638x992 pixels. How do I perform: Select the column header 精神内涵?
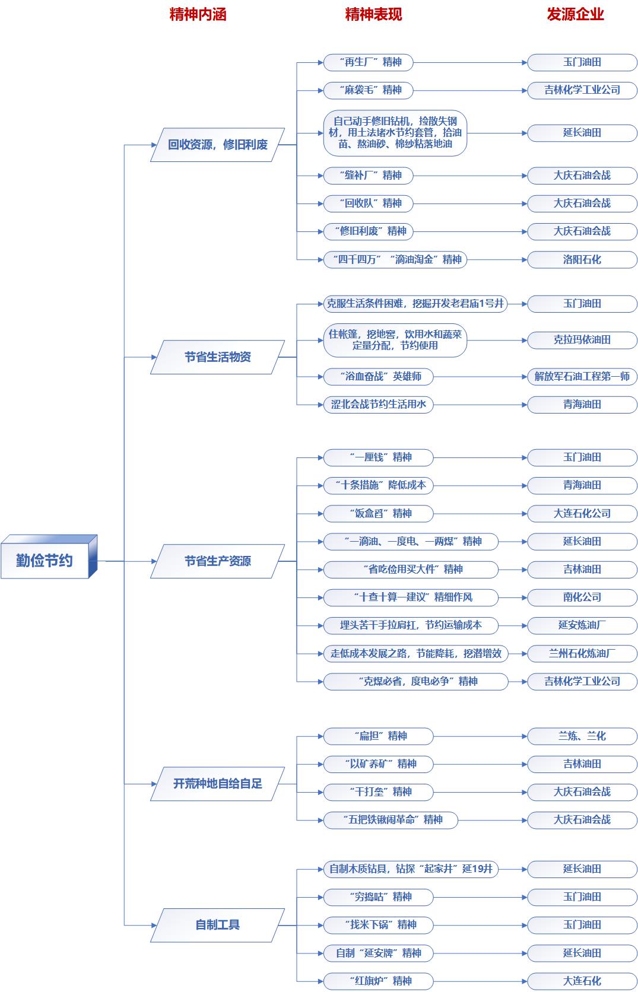(x=198, y=14)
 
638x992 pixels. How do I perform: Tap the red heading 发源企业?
(x=574, y=14)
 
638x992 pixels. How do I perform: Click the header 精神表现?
(x=373, y=14)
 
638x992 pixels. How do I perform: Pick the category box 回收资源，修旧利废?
(x=217, y=145)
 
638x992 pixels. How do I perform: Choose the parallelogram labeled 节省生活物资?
(x=217, y=357)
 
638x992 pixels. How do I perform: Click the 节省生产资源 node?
(x=217, y=561)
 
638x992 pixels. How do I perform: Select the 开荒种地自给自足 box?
(x=217, y=784)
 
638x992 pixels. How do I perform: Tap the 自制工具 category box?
(x=217, y=925)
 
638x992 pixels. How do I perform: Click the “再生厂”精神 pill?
(x=368, y=62)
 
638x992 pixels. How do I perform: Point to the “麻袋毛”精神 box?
(x=368, y=90)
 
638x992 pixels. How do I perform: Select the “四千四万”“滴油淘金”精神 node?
(x=395, y=259)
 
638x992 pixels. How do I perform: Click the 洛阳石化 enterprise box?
(x=582, y=259)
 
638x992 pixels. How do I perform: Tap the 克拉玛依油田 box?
(x=582, y=340)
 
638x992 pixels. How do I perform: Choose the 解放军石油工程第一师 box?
(x=582, y=376)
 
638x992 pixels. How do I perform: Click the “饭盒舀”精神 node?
(x=378, y=513)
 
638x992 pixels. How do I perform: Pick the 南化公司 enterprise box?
(x=582, y=597)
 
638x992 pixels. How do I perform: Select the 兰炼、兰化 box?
(x=582, y=736)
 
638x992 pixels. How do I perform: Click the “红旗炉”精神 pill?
(x=378, y=981)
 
